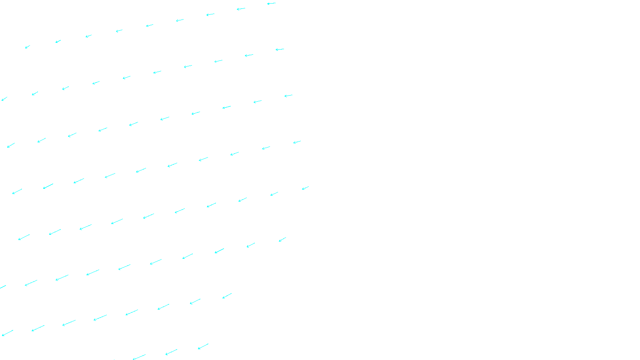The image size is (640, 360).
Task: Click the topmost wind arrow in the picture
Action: tap(271, 4)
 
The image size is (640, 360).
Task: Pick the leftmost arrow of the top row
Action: tap(28, 47)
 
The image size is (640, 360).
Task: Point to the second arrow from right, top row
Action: tap(241, 9)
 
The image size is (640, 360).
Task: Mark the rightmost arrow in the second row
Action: tap(280, 50)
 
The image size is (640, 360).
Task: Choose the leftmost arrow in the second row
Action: tap(4, 99)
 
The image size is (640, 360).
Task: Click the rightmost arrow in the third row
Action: tap(288, 96)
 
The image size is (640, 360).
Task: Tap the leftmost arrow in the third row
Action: tap(11, 145)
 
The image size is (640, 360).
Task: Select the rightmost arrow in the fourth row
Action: tap(297, 142)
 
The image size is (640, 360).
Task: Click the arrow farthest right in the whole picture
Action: tap(305, 188)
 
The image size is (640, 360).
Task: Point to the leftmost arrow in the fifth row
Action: tap(24, 237)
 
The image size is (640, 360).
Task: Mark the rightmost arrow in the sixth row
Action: tap(282, 239)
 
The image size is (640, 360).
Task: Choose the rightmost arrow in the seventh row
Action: tap(227, 296)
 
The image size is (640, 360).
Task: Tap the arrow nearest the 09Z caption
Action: tap(203, 346)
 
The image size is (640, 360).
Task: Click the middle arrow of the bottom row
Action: tap(171, 352)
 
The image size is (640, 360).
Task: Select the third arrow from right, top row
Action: tap(210, 15)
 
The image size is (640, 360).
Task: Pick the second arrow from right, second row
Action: tap(249, 55)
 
